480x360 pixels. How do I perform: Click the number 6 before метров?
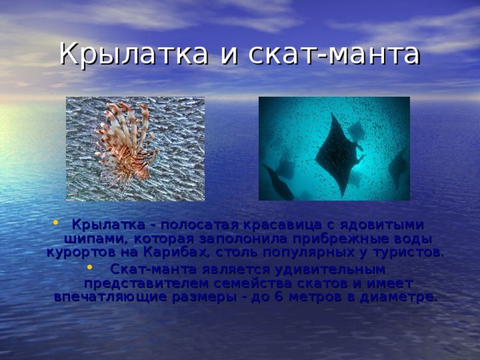277,296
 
